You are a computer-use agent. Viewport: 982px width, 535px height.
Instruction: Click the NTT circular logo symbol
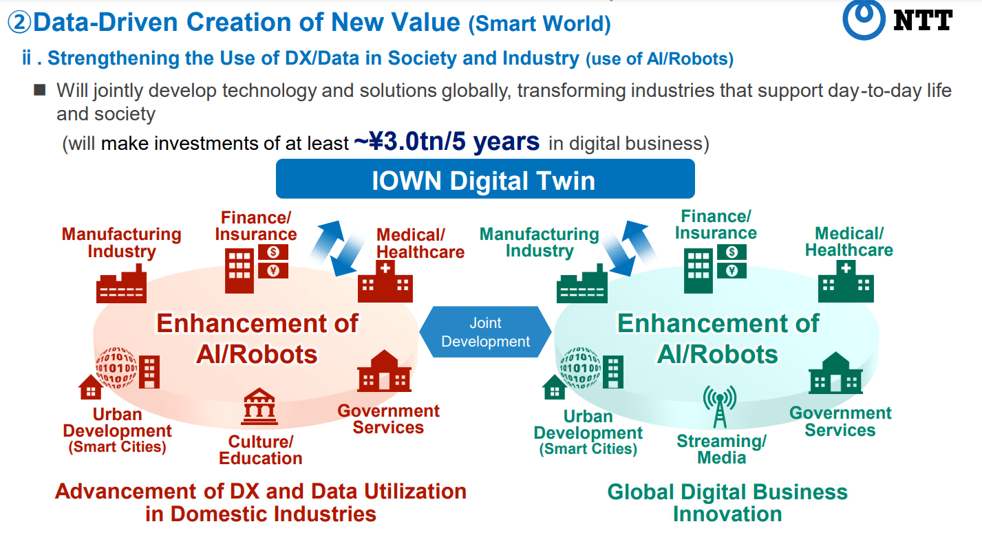(863, 19)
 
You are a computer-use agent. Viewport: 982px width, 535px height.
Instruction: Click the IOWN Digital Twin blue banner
(485, 179)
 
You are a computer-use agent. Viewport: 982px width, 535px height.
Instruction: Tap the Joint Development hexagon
(485, 331)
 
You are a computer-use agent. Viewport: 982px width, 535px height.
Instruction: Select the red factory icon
(121, 283)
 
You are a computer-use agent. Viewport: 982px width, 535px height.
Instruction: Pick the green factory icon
(582, 283)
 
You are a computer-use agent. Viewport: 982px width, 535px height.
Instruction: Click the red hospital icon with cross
(385, 281)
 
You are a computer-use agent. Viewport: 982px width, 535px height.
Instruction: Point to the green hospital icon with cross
(846, 281)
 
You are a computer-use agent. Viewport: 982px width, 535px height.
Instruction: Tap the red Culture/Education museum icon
(259, 406)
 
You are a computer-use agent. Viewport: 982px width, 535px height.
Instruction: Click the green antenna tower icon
(720, 406)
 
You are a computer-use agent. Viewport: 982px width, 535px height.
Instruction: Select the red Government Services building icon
(385, 371)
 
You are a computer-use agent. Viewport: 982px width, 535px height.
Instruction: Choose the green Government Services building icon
(835, 373)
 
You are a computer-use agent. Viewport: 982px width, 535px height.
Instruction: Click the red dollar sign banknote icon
(273, 252)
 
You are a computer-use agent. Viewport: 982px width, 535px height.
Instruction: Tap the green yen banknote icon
(732, 271)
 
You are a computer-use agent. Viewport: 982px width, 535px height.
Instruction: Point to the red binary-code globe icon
(116, 368)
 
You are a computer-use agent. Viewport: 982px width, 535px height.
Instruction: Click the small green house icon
(554, 387)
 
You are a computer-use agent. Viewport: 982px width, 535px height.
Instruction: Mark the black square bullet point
(40, 90)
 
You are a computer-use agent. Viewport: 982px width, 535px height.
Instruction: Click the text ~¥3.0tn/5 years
(447, 142)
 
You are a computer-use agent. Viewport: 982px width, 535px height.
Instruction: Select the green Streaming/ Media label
(722, 449)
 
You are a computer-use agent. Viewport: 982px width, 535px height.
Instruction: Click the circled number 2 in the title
(19, 22)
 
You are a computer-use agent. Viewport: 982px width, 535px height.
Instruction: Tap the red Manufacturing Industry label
(121, 243)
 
